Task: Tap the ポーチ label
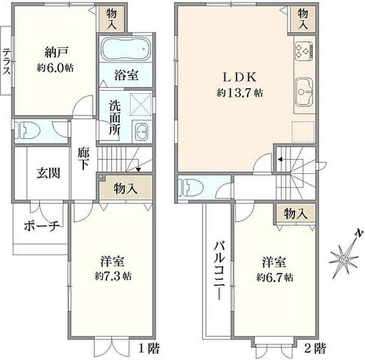[41, 226]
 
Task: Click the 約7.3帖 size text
[113, 275]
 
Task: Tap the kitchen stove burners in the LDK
[304, 49]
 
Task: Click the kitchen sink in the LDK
[304, 91]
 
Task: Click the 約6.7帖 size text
[274, 277]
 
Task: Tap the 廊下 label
[83, 159]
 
